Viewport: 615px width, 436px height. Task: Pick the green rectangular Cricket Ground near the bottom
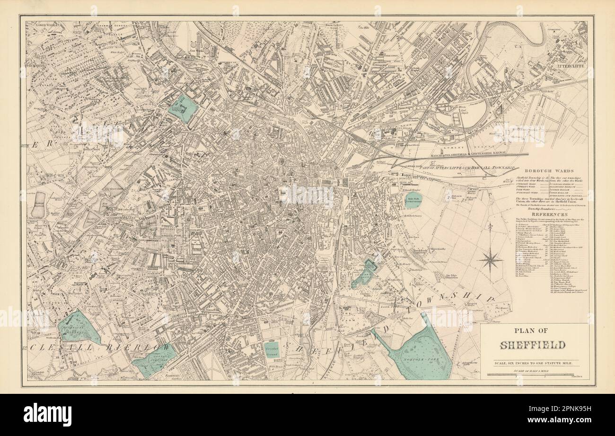point(272,350)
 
